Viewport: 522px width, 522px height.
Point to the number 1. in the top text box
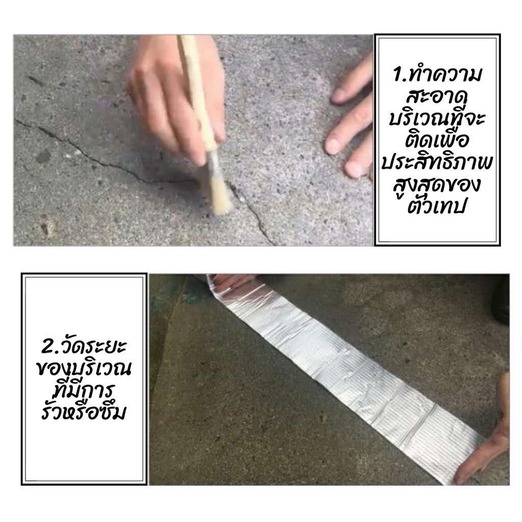[399, 74]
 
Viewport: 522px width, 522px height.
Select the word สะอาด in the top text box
[437, 96]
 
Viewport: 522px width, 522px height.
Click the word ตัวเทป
[436, 205]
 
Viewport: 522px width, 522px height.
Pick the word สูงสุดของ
[437, 185]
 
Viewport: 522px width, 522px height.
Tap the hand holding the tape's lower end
[486, 436]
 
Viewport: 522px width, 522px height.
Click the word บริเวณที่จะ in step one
[437, 118]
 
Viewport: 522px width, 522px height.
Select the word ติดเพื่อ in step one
[437, 140]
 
